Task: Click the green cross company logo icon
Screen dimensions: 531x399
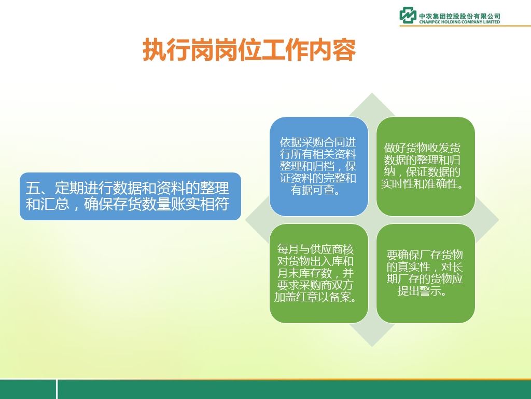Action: (408, 15)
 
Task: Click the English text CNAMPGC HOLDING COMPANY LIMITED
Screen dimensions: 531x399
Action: (459, 22)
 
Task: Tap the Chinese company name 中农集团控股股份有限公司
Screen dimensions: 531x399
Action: (459, 16)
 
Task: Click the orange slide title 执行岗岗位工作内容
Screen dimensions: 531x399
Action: (249, 50)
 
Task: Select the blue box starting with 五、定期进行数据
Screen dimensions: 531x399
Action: (130, 196)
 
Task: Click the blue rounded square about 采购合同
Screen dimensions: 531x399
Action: (319, 166)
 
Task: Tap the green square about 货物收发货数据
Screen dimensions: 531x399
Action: (426, 166)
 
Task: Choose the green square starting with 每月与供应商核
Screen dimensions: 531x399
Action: (319, 273)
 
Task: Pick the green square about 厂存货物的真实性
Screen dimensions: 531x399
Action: (426, 273)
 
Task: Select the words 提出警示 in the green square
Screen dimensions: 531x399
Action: (418, 291)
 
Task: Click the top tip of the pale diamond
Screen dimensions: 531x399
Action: (372, 93)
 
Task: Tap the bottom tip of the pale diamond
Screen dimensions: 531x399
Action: (372, 347)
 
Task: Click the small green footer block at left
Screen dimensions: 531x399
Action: (28, 390)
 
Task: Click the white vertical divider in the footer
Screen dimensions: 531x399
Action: (57, 390)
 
